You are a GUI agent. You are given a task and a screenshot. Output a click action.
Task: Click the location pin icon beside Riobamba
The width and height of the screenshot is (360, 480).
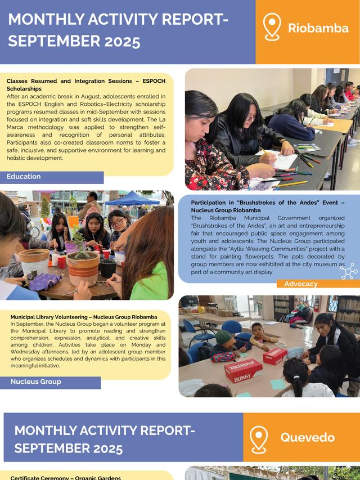(x=272, y=27)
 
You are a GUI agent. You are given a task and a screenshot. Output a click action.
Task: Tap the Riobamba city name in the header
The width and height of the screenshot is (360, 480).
(x=318, y=28)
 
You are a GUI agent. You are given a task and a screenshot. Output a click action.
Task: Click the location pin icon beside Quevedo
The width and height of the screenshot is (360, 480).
(x=259, y=439)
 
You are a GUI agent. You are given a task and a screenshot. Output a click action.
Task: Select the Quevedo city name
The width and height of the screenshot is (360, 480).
(x=308, y=437)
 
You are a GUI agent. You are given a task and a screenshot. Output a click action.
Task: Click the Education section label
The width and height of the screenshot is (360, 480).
(x=24, y=177)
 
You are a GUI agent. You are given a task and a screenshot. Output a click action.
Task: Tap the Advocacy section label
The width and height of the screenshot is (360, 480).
(x=301, y=284)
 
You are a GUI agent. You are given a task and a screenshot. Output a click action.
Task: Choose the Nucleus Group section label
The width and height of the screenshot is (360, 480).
(x=35, y=382)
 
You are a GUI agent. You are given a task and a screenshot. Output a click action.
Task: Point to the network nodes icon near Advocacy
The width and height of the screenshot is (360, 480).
(x=349, y=271)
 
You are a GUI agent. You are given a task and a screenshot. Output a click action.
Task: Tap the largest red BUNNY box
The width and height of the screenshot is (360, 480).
(x=243, y=370)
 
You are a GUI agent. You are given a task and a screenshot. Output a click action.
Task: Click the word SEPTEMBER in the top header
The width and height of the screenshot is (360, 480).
(x=48, y=42)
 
